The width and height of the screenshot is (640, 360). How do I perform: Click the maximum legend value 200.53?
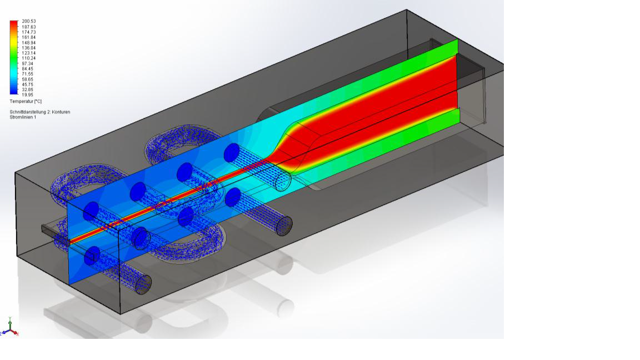click(x=29, y=21)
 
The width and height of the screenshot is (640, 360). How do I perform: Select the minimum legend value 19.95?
click(x=27, y=95)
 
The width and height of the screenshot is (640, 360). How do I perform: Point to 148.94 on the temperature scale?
click(x=29, y=42)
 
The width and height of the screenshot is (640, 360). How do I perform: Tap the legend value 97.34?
click(x=28, y=63)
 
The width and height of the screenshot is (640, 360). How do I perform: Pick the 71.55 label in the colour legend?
click(x=28, y=74)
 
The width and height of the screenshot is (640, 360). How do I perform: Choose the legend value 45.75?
click(x=28, y=84)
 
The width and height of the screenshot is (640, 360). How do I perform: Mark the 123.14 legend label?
click(x=29, y=53)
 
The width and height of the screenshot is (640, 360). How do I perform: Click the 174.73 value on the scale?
click(x=29, y=32)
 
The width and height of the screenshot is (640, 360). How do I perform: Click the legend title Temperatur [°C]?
click(x=26, y=102)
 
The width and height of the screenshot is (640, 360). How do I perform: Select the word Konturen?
click(x=61, y=112)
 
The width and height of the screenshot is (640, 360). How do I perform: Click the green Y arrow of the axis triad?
click(x=9, y=321)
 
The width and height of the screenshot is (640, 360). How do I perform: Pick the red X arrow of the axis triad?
click(x=16, y=333)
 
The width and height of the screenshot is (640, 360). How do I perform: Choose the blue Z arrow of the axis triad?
click(x=3, y=333)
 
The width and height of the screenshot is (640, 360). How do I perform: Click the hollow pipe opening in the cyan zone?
click(x=284, y=181)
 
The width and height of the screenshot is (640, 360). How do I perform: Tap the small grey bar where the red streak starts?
click(x=48, y=228)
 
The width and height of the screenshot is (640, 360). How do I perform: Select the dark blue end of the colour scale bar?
click(x=13, y=92)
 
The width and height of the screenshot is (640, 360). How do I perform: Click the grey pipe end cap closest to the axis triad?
click(x=144, y=284)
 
